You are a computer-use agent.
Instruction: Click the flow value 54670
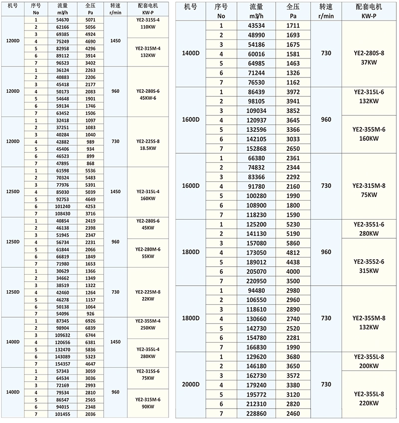pyautogui.click(x=62, y=19)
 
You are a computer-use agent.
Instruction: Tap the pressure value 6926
pyautogui.click(x=91, y=320)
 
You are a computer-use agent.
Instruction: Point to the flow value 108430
pyautogui.click(x=62, y=213)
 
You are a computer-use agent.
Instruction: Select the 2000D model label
pyautogui.click(x=191, y=385)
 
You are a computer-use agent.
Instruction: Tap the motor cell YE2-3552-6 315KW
pyautogui.click(x=369, y=266)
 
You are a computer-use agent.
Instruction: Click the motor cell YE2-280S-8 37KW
pyautogui.click(x=369, y=54)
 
